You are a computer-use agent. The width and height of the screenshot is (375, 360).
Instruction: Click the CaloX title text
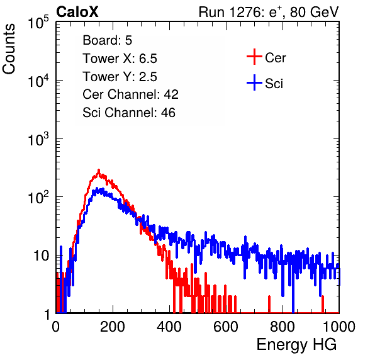(77, 12)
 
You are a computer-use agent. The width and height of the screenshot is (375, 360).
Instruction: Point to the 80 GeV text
(315, 12)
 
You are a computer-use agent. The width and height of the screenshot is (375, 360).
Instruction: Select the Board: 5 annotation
(108, 40)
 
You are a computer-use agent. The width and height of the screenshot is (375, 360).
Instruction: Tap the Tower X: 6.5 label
(120, 59)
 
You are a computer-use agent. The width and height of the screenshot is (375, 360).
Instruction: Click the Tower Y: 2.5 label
(120, 77)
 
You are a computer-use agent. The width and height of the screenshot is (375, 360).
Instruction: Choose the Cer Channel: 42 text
(131, 94)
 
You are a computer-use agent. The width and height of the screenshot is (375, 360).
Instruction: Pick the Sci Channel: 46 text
(129, 113)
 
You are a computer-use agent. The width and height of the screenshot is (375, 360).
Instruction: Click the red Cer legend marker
(254, 57)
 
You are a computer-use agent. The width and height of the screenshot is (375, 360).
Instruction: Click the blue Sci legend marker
(254, 83)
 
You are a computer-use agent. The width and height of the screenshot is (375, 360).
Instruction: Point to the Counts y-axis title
(9, 49)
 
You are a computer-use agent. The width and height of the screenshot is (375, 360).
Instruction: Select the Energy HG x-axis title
(296, 345)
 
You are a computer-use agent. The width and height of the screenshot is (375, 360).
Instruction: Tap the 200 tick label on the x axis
(113, 327)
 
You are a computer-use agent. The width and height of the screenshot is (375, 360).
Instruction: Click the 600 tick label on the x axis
(226, 327)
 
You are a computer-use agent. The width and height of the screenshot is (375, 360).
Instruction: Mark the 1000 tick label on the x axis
(339, 327)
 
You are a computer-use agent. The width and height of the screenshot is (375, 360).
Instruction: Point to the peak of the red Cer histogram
(99, 170)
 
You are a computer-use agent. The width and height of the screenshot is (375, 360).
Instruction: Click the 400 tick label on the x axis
(169, 327)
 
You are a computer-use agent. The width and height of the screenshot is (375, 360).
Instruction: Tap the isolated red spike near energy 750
(269, 304)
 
